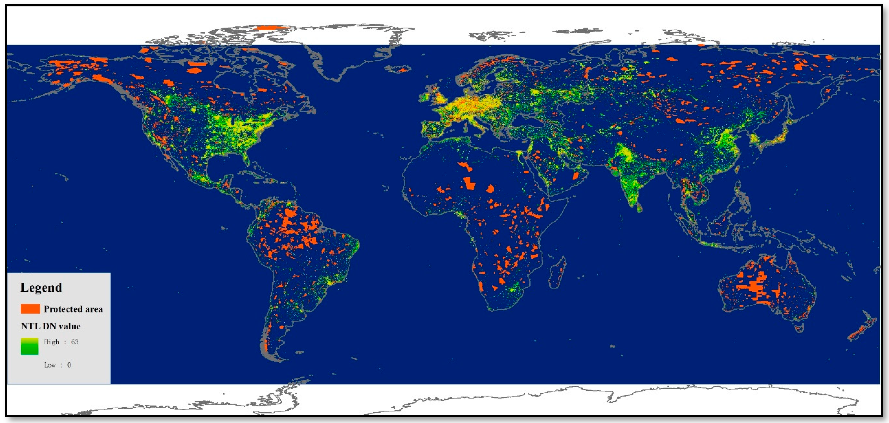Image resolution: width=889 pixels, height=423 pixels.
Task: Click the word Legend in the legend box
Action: point(41,287)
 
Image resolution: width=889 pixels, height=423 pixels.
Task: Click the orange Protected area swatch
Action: point(30,309)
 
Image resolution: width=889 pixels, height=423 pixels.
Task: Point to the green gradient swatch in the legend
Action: point(29,346)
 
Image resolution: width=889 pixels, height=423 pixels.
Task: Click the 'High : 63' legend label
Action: point(61,342)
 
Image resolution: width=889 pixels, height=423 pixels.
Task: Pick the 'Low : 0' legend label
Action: point(57,365)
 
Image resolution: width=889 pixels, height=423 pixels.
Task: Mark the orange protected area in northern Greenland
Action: point(272,28)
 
